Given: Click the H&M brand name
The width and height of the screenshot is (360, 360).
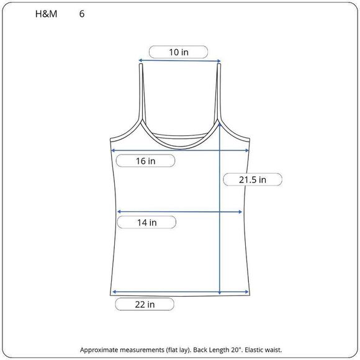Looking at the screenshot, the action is pyautogui.click(x=46, y=14).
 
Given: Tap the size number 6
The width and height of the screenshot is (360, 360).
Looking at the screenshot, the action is pyautogui.click(x=82, y=14).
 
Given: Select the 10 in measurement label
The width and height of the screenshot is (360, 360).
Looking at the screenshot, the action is pyautogui.click(x=179, y=52).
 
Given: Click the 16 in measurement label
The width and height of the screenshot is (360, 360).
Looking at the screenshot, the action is pyautogui.click(x=146, y=161).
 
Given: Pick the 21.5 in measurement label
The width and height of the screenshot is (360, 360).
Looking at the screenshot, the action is pyautogui.click(x=253, y=179).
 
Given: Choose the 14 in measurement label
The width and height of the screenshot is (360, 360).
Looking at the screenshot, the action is pyautogui.click(x=147, y=222).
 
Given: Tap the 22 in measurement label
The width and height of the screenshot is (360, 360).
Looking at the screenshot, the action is pyautogui.click(x=145, y=304).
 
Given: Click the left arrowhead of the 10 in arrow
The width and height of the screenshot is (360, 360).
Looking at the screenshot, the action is pyautogui.click(x=140, y=60).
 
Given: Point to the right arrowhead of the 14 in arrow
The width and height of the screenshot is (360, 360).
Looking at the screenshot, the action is pyautogui.click(x=240, y=212).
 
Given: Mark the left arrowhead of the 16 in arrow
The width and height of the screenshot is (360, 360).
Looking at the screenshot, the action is pyautogui.click(x=113, y=150).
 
